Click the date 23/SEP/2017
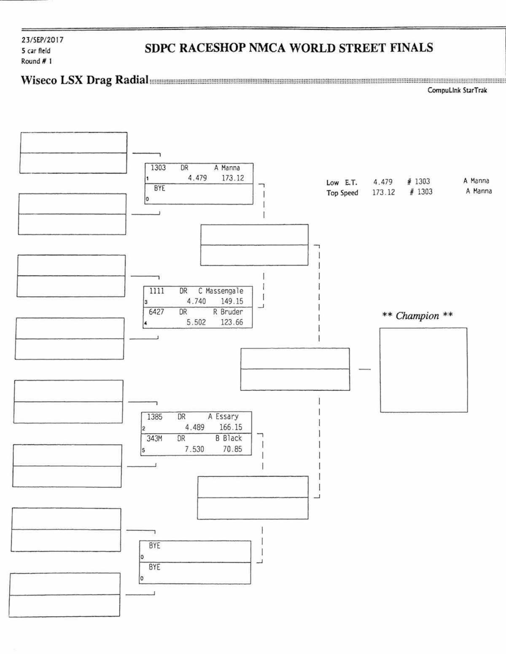coord(42,40)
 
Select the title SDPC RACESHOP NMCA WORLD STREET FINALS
coord(289,48)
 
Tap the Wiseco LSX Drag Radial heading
coord(85,80)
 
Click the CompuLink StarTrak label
coord(457,90)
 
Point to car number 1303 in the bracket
coord(158,168)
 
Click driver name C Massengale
coord(221,291)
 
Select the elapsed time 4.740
coord(196,301)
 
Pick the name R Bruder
coord(228,312)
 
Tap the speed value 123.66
coord(232,322)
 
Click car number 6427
coord(156,312)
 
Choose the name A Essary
coord(223,416)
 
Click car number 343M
coord(154,438)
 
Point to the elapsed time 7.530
coord(194,449)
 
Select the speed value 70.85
coord(233,449)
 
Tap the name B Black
coord(229,438)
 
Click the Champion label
coord(417,316)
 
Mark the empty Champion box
coord(423,370)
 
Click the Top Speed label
coord(342,193)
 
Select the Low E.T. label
coord(342,183)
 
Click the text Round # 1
coord(36,61)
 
